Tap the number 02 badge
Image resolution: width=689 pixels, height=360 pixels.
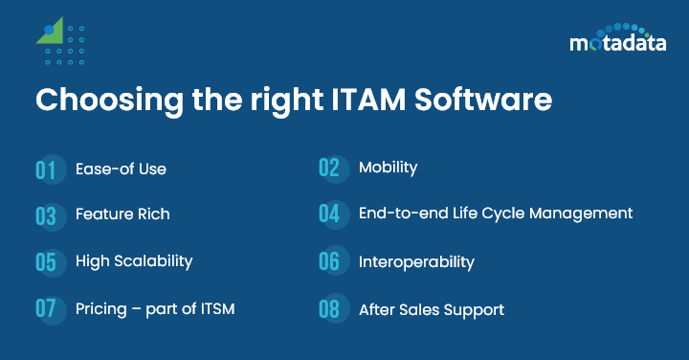(330, 168)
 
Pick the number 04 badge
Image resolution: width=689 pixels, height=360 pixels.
(330, 214)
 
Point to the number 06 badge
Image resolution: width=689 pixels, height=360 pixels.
(330, 261)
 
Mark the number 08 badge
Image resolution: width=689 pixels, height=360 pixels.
(330, 309)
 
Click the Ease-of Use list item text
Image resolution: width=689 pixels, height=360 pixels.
(121, 169)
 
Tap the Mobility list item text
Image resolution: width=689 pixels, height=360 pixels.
(388, 168)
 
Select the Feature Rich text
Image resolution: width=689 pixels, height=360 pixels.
(122, 214)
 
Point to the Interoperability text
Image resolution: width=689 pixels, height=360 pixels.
(416, 261)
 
